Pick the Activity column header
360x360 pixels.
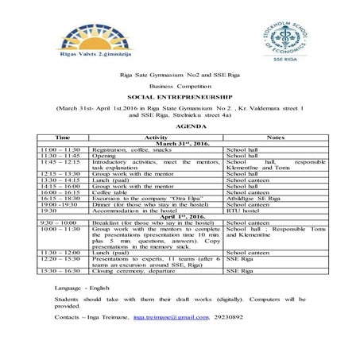(x=156, y=137)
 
